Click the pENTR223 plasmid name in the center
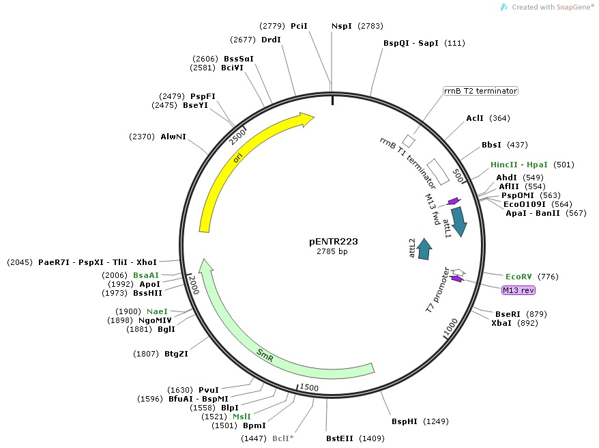click(x=333, y=241)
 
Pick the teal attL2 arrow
click(x=424, y=249)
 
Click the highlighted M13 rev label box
click(x=518, y=290)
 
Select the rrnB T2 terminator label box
click(x=480, y=91)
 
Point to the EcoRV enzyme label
click(x=518, y=277)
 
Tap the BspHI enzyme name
click(x=405, y=421)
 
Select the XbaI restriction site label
click(x=503, y=323)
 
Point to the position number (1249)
click(x=436, y=421)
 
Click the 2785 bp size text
click(x=333, y=252)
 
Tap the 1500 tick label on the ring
click(x=308, y=387)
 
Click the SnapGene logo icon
click(x=503, y=7)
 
